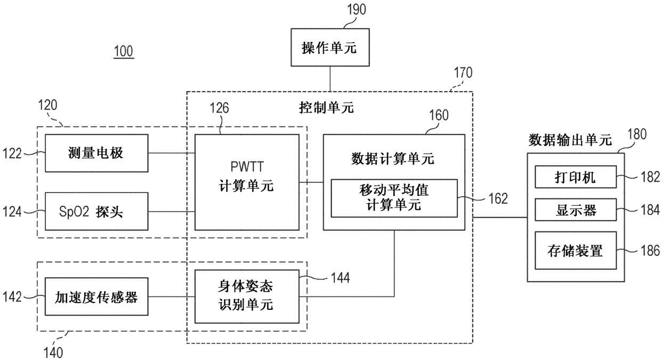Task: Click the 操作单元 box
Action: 330,47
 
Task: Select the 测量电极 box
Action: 96,153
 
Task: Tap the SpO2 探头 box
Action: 96,211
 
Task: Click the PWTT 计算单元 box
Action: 247,182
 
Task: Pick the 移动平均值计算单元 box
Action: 394,198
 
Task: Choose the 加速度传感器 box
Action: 96,297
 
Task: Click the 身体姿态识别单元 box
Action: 247,297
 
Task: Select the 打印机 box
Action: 575,177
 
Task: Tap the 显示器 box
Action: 575,210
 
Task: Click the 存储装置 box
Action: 575,251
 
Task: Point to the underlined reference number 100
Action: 124,51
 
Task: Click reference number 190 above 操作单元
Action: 357,10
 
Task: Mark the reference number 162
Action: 498,198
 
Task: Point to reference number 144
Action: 340,278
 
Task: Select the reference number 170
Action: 463,73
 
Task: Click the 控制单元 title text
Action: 326,108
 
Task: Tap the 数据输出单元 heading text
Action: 570,140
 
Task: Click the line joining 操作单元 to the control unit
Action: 330,79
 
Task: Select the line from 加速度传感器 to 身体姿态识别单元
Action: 172,297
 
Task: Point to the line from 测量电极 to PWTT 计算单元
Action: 172,153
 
